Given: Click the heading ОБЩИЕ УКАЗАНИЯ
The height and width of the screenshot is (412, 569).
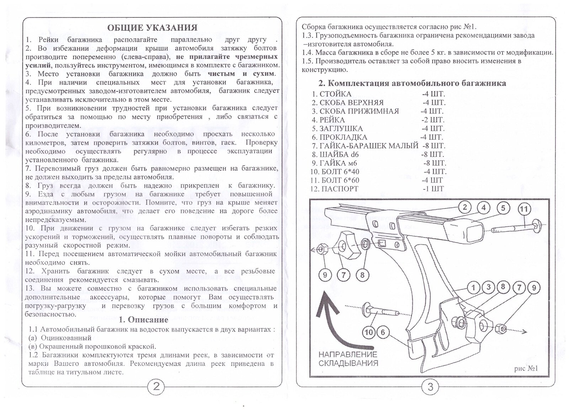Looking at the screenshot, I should tap(152, 28).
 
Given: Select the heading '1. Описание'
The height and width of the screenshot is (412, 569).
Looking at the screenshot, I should tap(143, 319).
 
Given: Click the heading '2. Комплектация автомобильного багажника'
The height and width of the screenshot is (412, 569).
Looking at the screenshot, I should tap(412, 83).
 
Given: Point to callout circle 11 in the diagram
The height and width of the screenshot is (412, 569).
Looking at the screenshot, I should tap(524, 209).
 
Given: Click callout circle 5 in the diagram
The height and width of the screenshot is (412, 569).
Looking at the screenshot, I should tap(503, 208).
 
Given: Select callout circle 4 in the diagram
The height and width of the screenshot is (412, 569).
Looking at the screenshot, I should tap(484, 208).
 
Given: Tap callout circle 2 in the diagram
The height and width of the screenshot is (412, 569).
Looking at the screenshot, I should tap(464, 207).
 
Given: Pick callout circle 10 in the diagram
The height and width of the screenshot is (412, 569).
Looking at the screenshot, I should tap(369, 332).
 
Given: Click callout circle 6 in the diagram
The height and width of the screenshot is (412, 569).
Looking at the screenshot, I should tap(383, 332).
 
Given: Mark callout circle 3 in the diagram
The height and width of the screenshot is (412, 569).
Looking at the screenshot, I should tap(489, 287).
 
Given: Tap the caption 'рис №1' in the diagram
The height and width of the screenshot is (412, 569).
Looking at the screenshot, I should tap(526, 368).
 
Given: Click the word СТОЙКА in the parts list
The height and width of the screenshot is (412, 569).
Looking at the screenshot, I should tap(335, 94).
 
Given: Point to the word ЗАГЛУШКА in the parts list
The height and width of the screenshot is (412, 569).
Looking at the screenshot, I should tap(341, 129).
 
